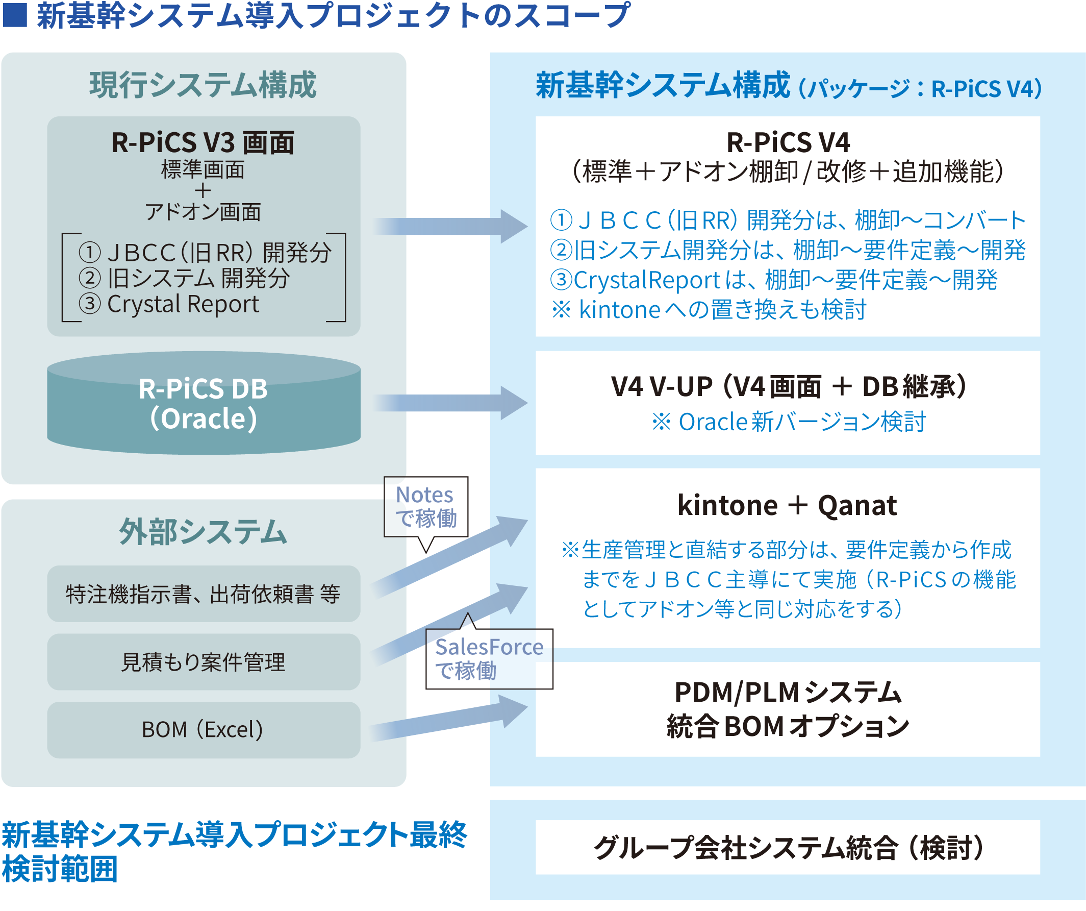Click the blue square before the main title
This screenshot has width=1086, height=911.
pyautogui.click(x=14, y=15)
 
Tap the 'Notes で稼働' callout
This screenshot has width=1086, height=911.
pyautogui.click(x=425, y=507)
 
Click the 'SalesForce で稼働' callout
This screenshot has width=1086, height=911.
pyautogui.click(x=489, y=658)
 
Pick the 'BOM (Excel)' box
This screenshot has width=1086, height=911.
pyautogui.click(x=203, y=730)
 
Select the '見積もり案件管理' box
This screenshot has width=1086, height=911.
pyautogui.click(x=203, y=662)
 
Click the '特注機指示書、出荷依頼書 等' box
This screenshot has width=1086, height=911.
pyautogui.click(x=203, y=594)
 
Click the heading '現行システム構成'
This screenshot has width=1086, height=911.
pyautogui.click(x=203, y=85)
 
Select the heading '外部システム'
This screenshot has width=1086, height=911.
pyautogui.click(x=203, y=532)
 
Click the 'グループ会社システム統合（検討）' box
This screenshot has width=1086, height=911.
pyautogui.click(x=787, y=848)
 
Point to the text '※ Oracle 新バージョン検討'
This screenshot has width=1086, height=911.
pyautogui.click(x=788, y=422)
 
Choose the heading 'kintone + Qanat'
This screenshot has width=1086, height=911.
pyautogui.click(x=787, y=505)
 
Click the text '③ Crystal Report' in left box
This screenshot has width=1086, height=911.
pyautogui.click(x=170, y=304)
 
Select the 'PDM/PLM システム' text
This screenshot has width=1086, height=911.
pyautogui.click(x=788, y=693)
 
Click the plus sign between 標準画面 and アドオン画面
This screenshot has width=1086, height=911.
pyautogui.click(x=203, y=191)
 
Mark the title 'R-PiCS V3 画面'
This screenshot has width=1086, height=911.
pyautogui.click(x=203, y=143)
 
